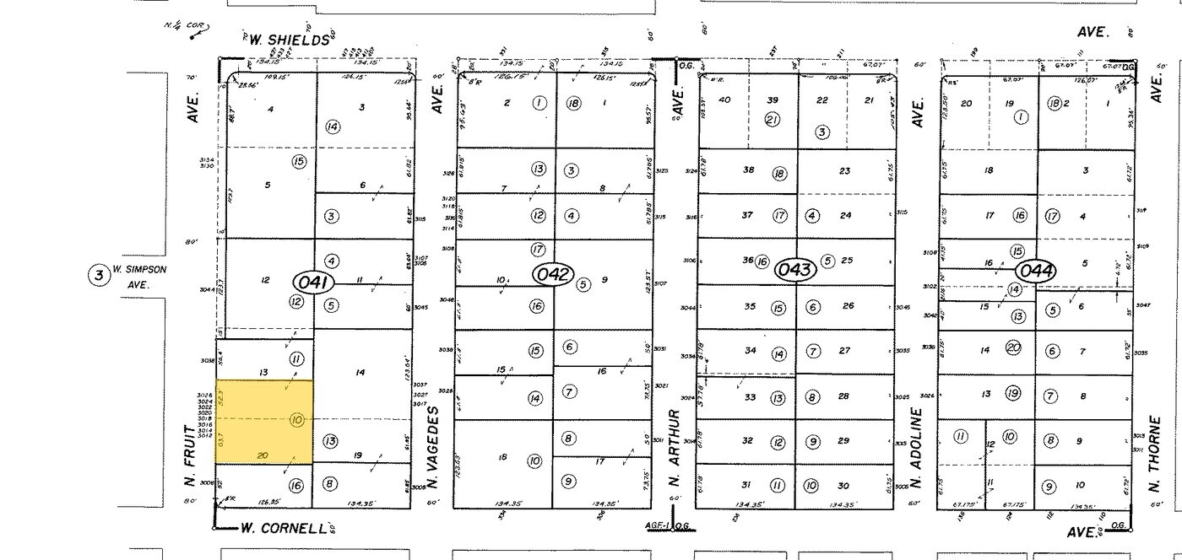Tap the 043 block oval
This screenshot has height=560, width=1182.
coord(795,270)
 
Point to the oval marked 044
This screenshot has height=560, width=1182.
coord(1034,271)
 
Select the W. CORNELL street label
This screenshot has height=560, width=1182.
coord(283,529)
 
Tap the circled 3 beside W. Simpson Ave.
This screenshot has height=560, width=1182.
coord(100,275)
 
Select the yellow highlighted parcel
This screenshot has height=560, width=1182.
coord(264,421)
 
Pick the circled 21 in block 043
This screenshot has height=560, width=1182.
coord(771,119)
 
